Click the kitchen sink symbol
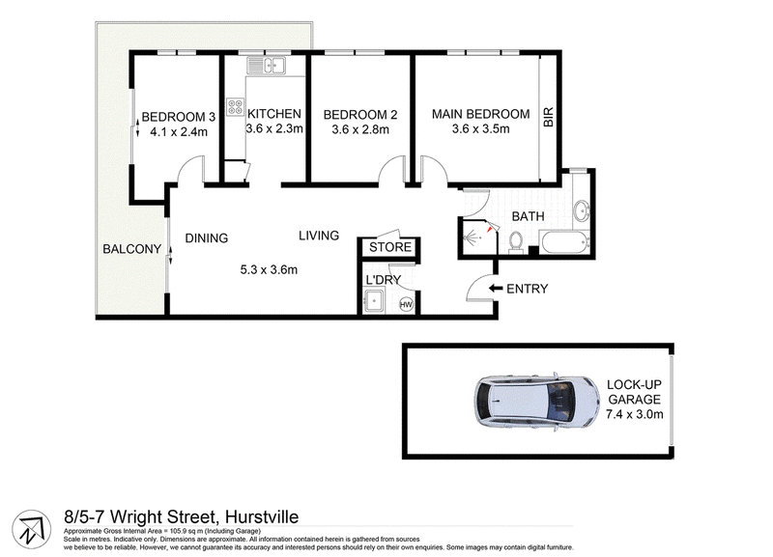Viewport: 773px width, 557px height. pos(267,66)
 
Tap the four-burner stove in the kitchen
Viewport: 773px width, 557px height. pos(235,107)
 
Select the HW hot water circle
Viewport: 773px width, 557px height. pos(406,305)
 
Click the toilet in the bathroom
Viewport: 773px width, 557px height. pos(516,242)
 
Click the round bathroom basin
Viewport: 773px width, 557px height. pos(583,211)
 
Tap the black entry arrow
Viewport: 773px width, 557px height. pos(496,288)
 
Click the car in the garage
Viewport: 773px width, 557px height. pos(537,402)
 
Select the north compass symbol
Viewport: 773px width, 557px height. pos(32,529)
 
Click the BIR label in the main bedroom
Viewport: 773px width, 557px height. pos(549,117)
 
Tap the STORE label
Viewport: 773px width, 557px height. pos(390,247)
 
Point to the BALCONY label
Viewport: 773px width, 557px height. pos(132,249)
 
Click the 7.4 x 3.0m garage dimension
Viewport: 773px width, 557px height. pos(635,414)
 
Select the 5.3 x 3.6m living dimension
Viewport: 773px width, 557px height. pos(269,270)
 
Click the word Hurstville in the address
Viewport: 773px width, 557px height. pos(262,516)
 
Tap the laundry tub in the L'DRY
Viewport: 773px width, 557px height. pos(374,301)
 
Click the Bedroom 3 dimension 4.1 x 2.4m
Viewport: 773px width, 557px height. pos(179,132)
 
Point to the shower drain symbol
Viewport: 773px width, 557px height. pos(475,238)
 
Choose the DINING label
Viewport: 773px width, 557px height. pos(207,238)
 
